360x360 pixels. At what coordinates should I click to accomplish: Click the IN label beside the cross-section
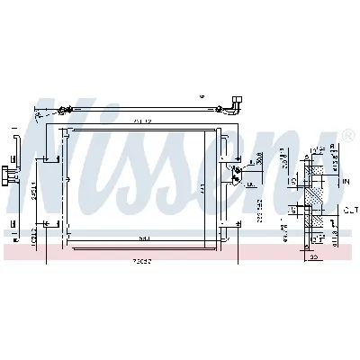click(x=346, y=181)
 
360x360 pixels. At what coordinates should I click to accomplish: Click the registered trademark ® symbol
click(x=347, y=136)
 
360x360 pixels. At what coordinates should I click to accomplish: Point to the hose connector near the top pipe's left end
click(x=62, y=112)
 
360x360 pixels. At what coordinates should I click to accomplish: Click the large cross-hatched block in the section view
click(x=316, y=191)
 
